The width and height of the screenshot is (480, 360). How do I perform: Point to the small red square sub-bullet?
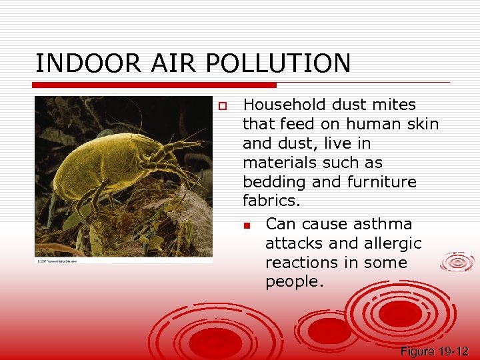click(x=246, y=225)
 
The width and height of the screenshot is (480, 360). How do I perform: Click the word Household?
click(x=286, y=105)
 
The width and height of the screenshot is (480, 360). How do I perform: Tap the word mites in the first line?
click(x=394, y=105)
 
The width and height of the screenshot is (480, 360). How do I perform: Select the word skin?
click(x=420, y=124)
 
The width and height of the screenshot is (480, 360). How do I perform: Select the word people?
click(x=294, y=282)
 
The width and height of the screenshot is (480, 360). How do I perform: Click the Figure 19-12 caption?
click(x=435, y=351)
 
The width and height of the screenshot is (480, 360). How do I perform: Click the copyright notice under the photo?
click(x=57, y=261)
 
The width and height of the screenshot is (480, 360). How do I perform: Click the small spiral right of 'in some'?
click(x=458, y=262)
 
